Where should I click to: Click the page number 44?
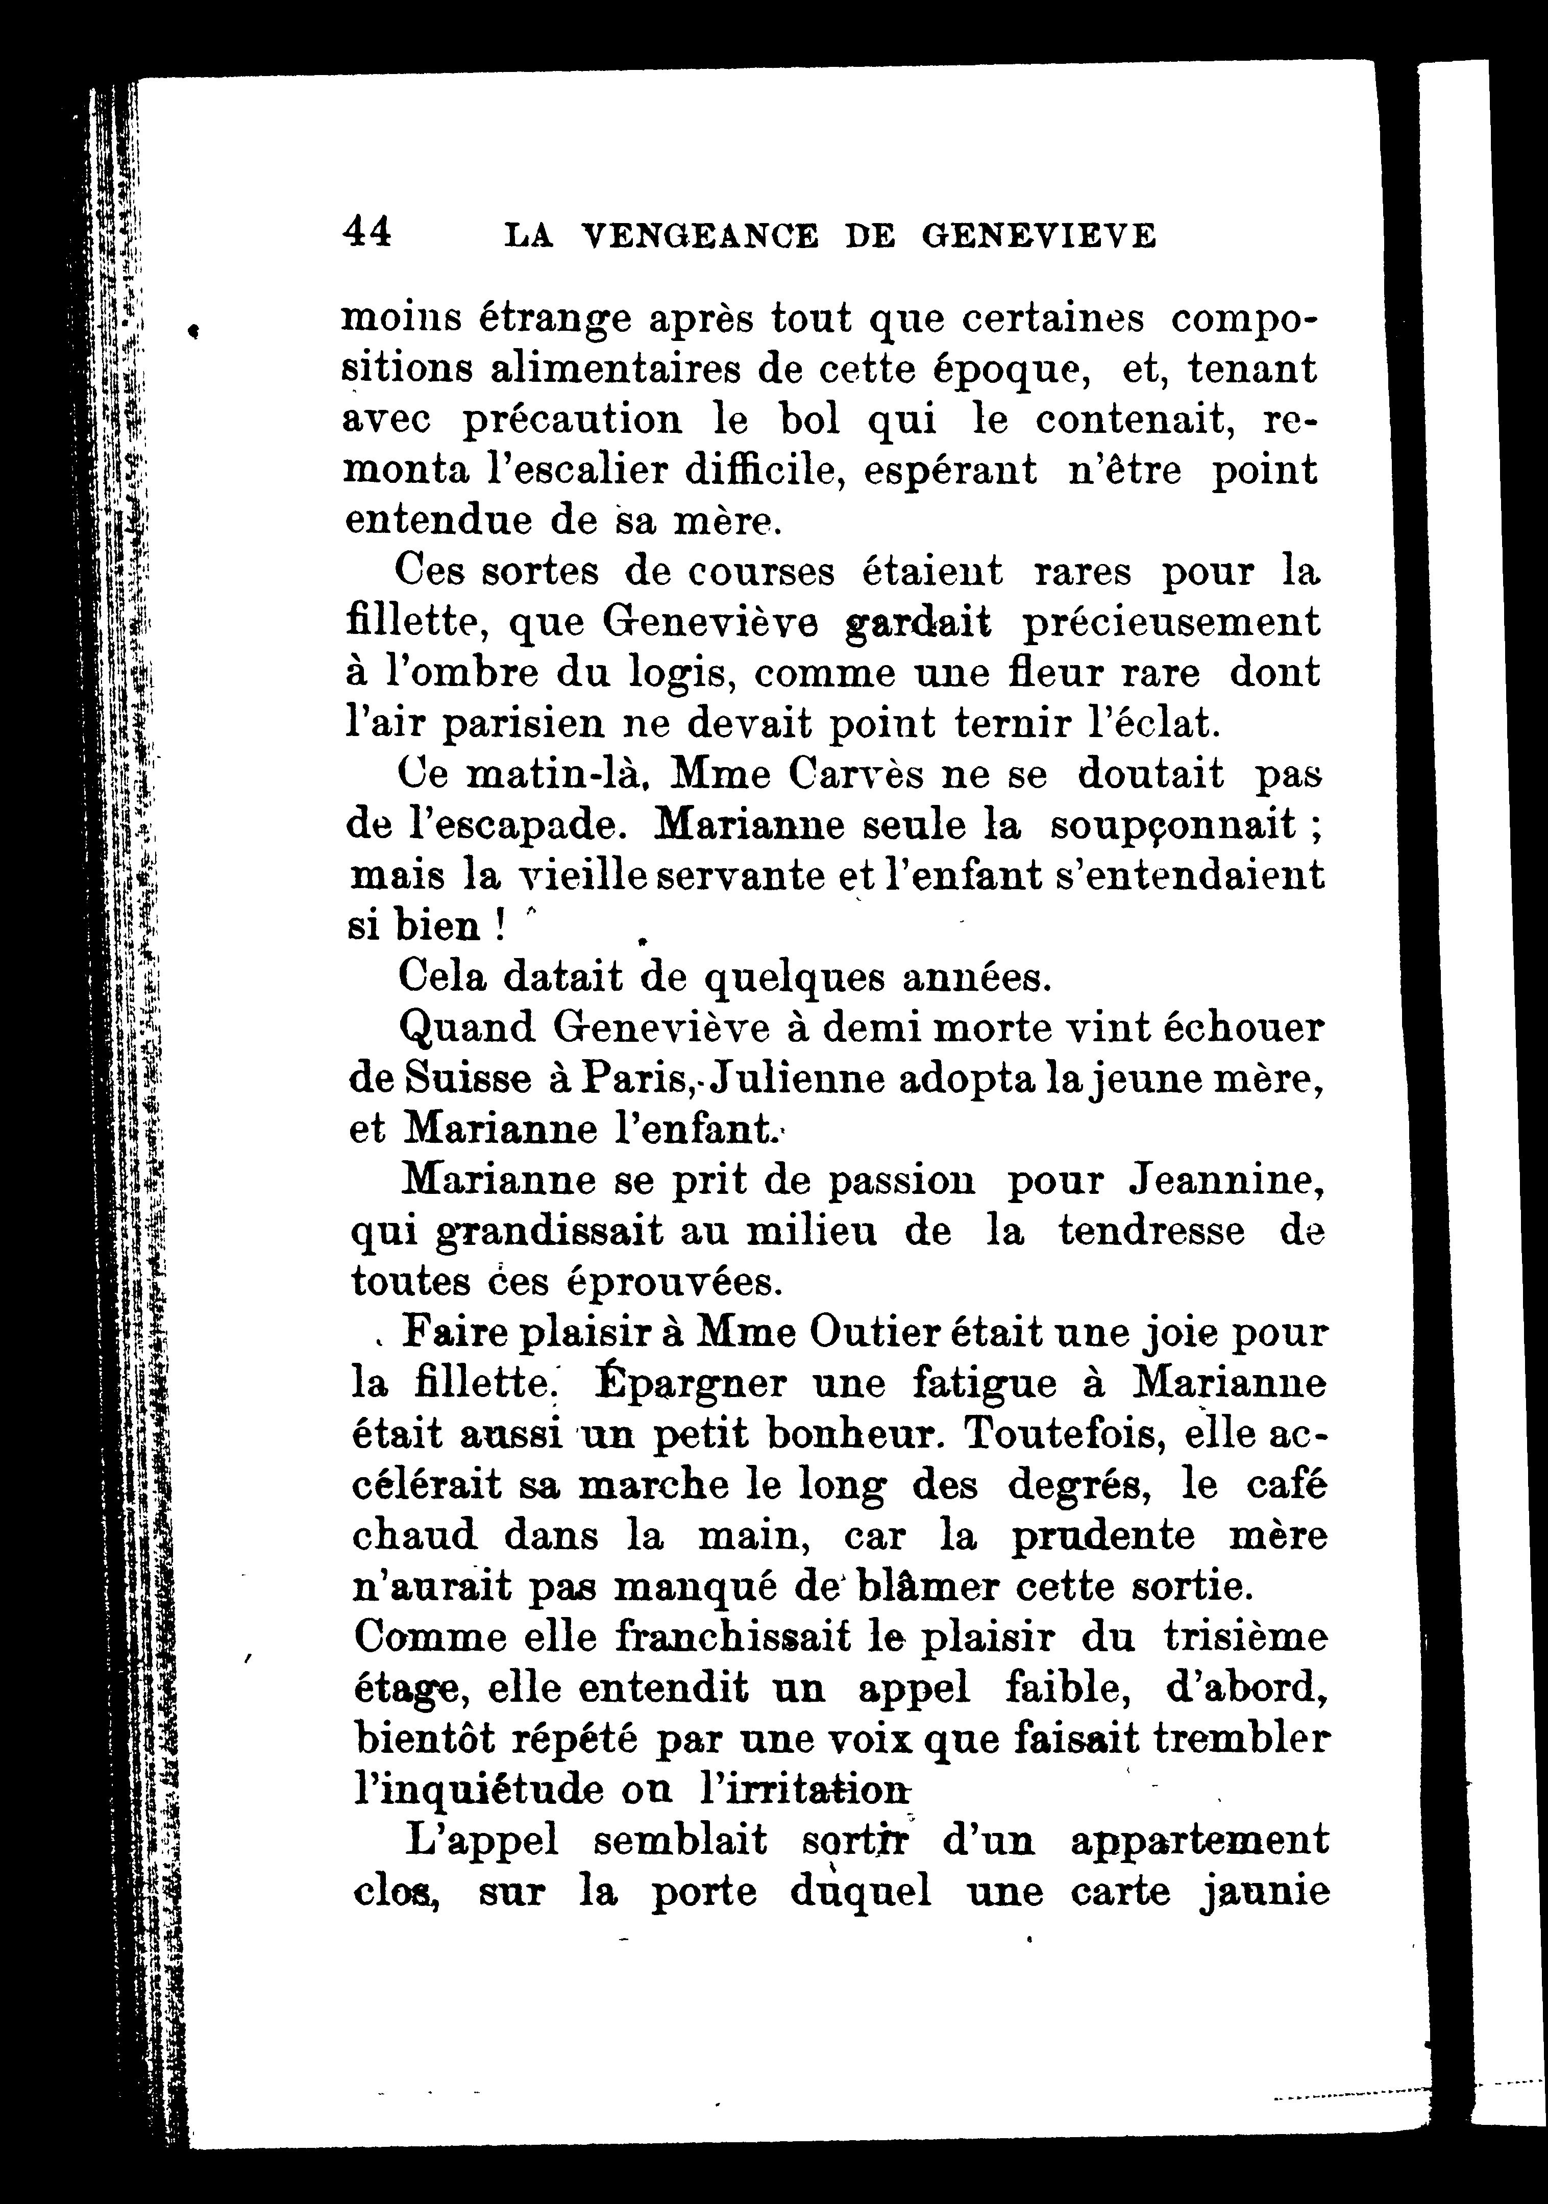coord(366,233)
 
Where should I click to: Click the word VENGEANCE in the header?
coord(701,235)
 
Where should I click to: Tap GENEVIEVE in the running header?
coord(1039,235)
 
